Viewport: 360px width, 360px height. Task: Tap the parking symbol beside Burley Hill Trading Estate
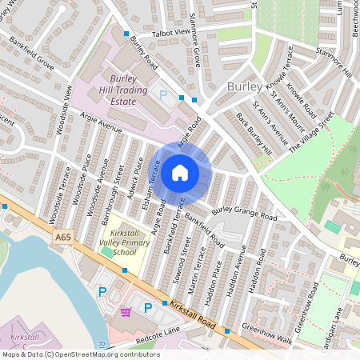(163, 94)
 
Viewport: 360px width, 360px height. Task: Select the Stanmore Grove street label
(197, 49)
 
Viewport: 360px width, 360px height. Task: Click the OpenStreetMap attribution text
(80, 354)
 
